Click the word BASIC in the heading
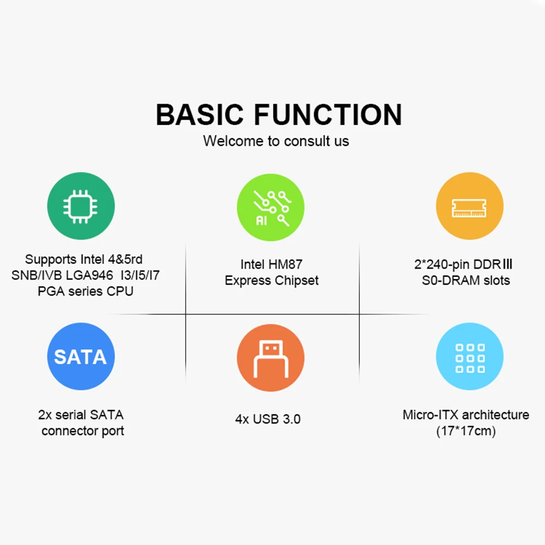[x=199, y=115]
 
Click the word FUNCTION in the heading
[x=328, y=115]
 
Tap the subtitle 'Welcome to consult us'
[x=276, y=141]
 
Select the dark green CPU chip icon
[x=81, y=206]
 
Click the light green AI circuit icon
[x=271, y=206]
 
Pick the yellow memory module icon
[x=469, y=206]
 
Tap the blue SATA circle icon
[x=81, y=357]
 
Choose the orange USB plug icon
[x=271, y=357]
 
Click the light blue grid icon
[x=469, y=357]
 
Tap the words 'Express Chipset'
[x=272, y=281]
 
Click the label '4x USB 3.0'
[x=268, y=420]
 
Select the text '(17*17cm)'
[x=466, y=431]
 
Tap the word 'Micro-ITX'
[x=428, y=415]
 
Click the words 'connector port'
[x=83, y=431]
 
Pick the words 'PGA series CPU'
[x=85, y=291]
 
